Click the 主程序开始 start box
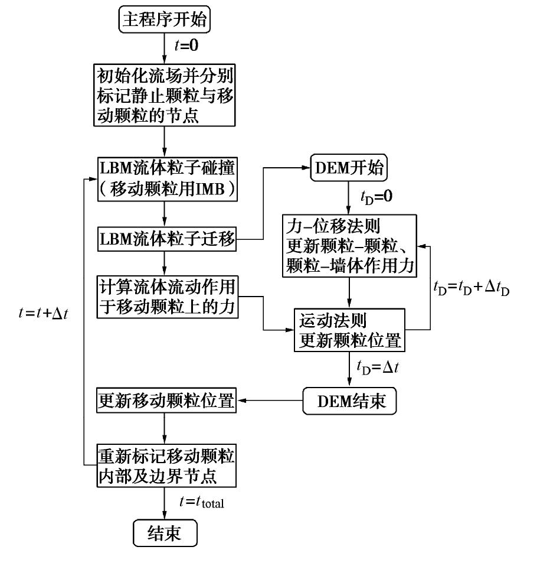[166, 21]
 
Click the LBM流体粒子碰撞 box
[166, 178]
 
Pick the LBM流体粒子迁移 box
[166, 240]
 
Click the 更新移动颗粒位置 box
[166, 402]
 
